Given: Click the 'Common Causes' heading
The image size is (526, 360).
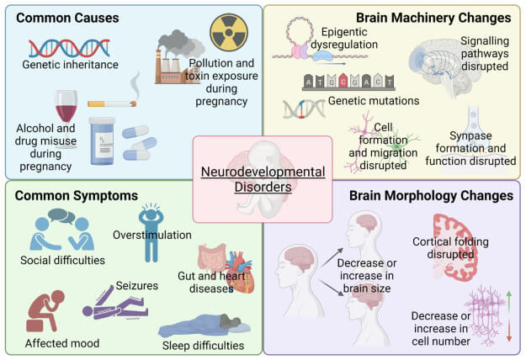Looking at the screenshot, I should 66,17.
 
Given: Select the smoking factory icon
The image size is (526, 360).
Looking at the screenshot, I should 178,55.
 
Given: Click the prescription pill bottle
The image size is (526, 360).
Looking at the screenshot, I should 104,140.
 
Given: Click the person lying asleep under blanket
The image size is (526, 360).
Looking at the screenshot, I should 201,324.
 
